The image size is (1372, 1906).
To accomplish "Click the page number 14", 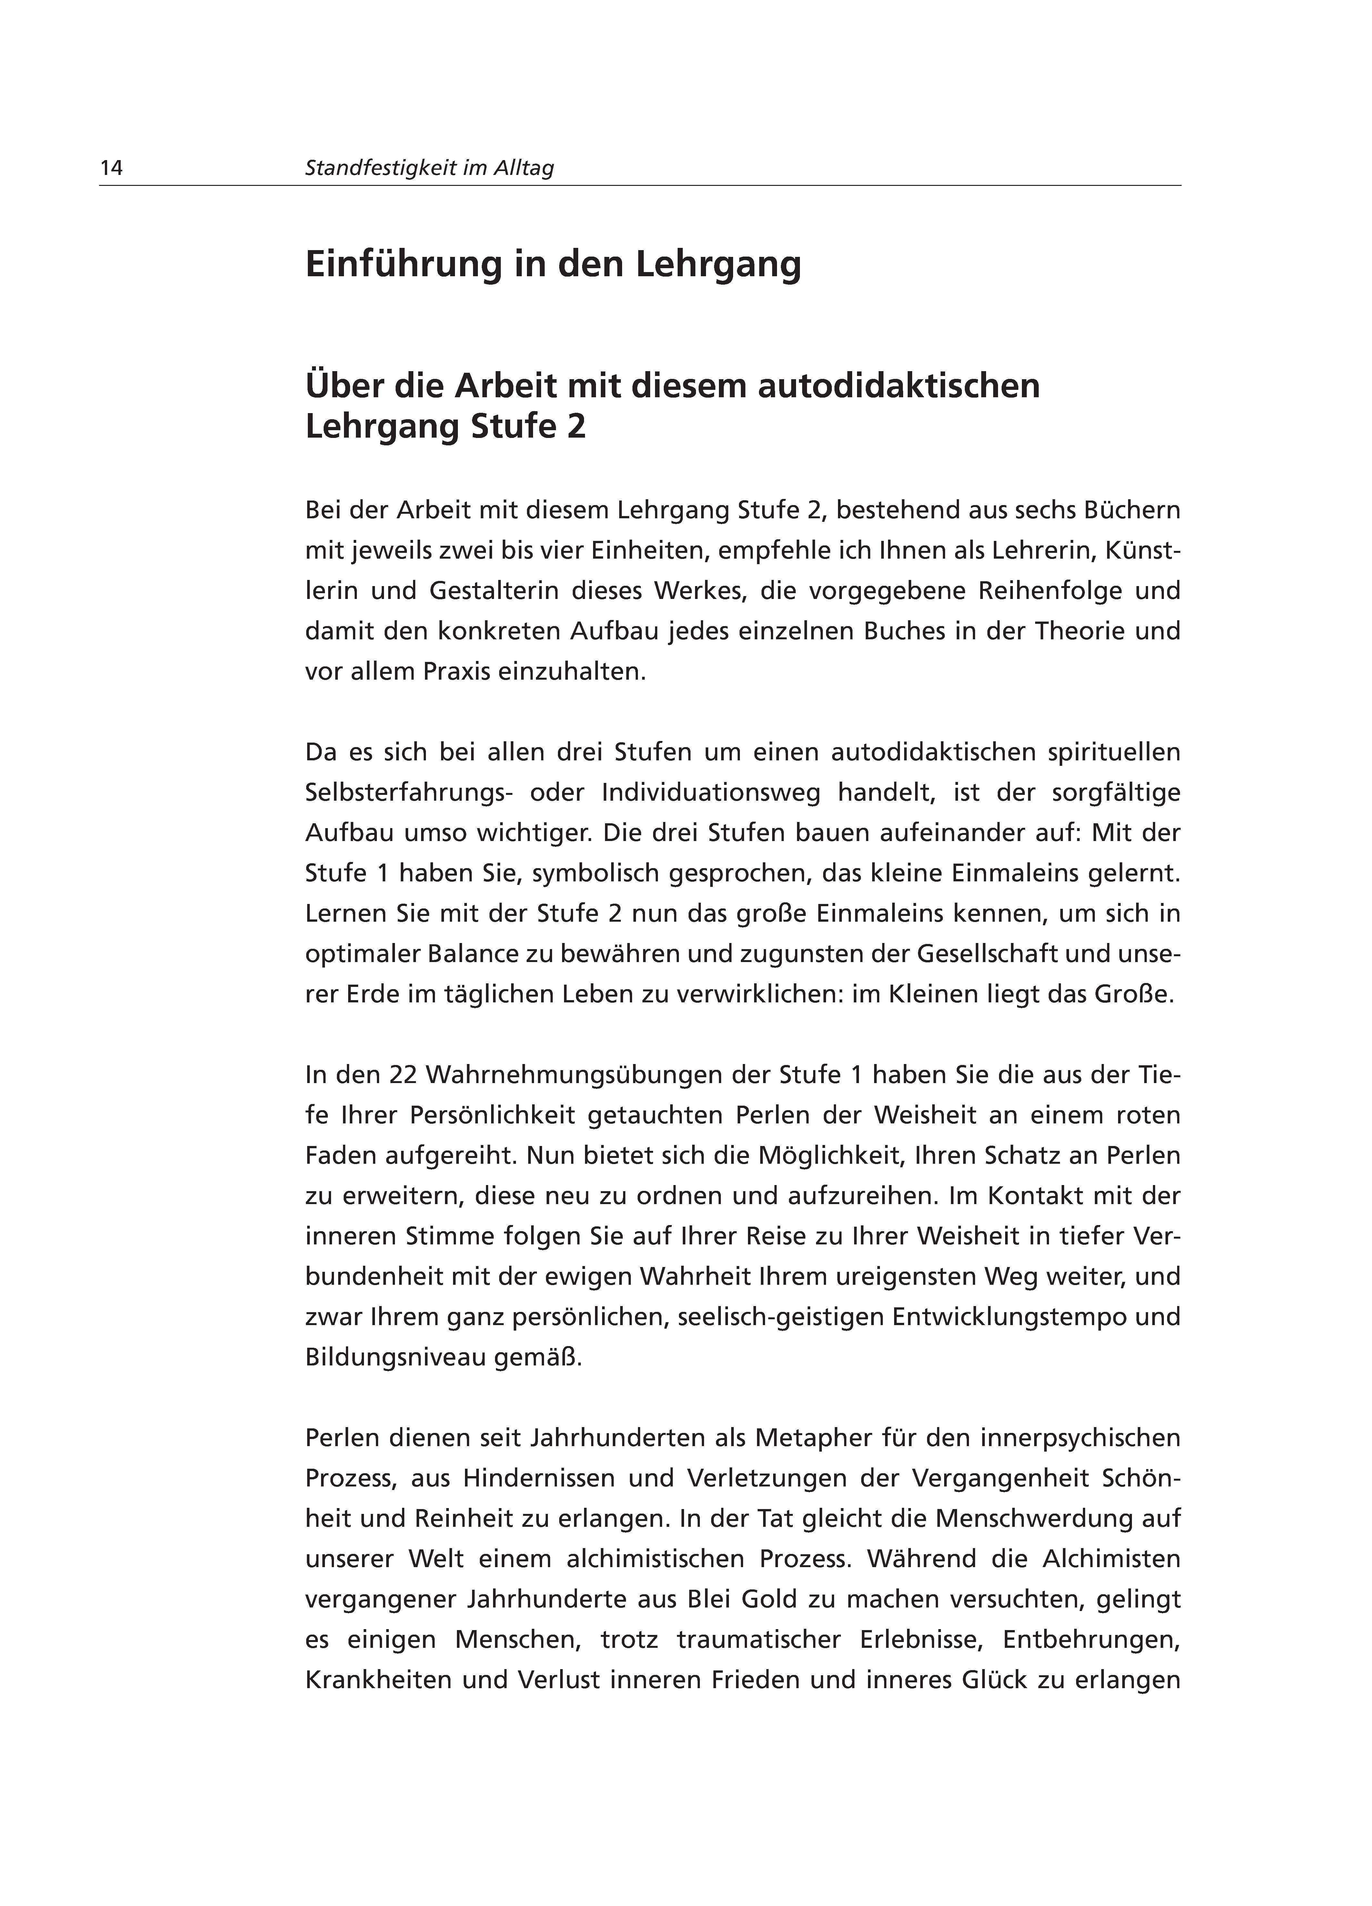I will click(x=112, y=168).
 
